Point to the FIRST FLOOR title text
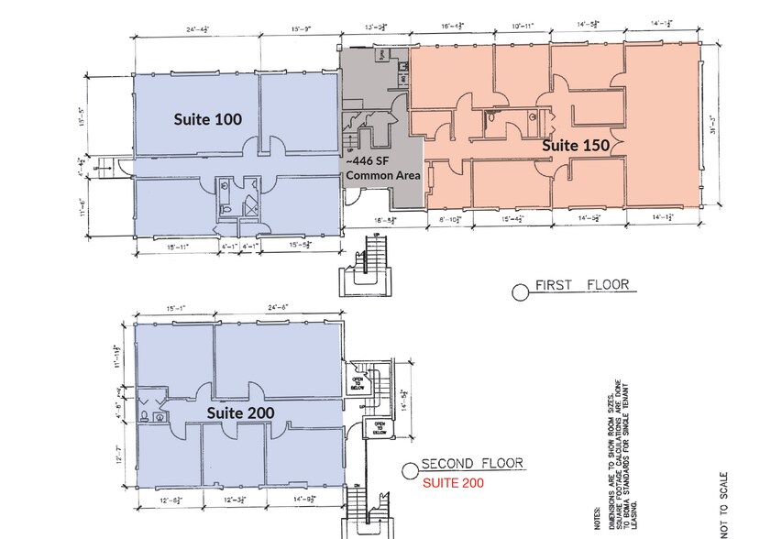click(582, 285)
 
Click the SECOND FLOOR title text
click(472, 465)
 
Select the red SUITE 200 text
click(452, 481)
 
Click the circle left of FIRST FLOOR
click(520, 292)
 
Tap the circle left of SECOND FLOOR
click(410, 471)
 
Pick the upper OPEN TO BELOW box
click(358, 379)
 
